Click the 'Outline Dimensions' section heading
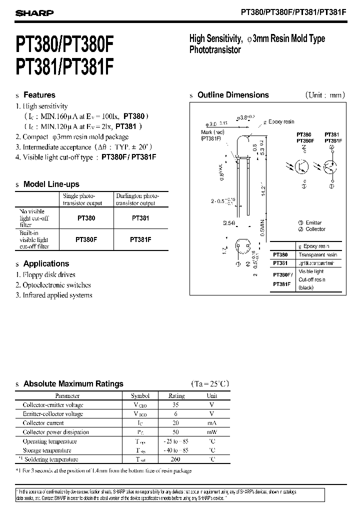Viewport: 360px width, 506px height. (233, 95)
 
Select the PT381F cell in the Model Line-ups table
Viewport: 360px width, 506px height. (140, 239)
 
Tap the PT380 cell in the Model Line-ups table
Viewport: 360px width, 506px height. (86, 218)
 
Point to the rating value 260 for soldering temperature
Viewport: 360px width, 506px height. (176, 459)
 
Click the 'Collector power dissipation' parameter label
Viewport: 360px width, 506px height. (56, 432)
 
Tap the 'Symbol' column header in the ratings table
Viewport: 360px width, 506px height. (140, 395)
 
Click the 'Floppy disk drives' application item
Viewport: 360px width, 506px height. (49, 274)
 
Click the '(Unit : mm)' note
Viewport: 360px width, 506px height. (324, 95)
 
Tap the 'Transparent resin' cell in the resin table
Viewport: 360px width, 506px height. (317, 255)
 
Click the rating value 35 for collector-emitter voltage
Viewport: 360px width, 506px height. (176, 404)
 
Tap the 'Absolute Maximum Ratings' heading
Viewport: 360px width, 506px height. (73, 384)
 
